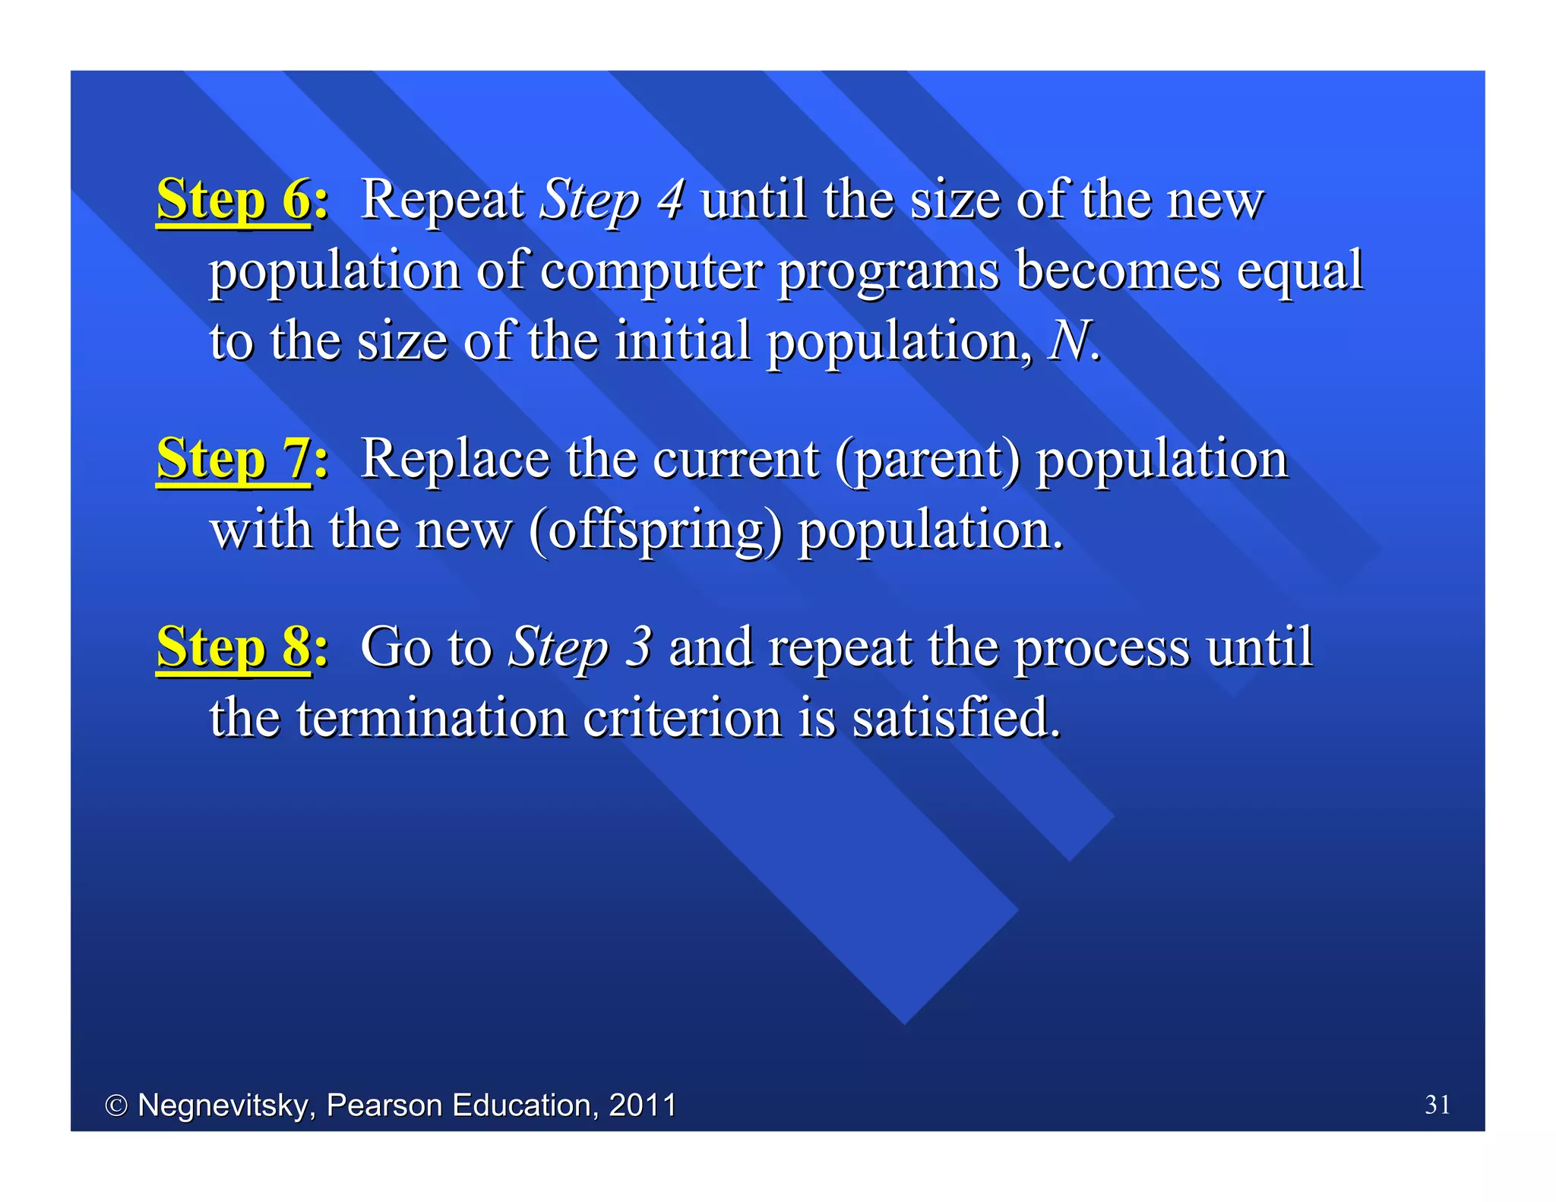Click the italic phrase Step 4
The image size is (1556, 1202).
[612, 200]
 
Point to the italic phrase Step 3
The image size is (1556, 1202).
[580, 647]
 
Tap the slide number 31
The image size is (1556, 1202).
[1437, 1104]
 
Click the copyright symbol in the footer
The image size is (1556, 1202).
[115, 1106]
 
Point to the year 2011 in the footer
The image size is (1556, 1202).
[642, 1106]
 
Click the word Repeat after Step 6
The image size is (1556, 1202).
[441, 200]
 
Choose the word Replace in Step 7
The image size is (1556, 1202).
[454, 460]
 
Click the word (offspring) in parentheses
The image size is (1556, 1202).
[655, 530]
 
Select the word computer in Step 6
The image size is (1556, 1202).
[650, 270]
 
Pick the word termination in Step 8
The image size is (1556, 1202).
[432, 717]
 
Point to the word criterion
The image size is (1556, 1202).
[682, 717]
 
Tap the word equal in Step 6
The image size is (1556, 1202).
[1299, 270]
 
